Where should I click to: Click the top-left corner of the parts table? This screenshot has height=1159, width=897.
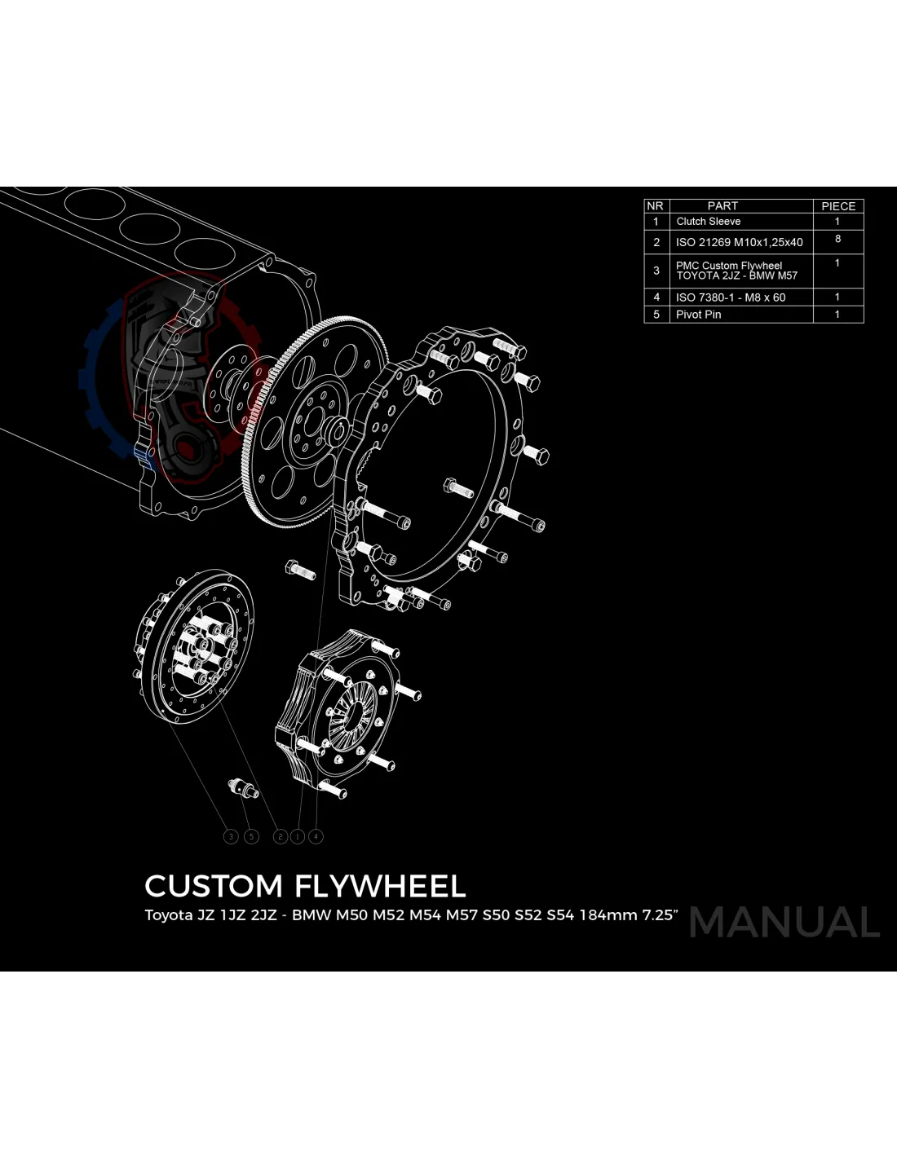tap(644, 199)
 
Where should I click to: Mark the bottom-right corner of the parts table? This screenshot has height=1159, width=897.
tap(864, 324)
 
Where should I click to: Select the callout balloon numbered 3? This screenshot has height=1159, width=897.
tap(231, 836)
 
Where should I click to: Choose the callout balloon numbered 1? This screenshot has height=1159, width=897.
tap(297, 836)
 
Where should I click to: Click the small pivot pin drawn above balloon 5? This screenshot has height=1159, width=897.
tap(243, 788)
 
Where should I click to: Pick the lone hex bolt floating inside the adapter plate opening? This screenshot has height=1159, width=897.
tap(458, 487)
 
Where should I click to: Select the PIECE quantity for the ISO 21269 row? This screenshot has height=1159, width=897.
tap(837, 239)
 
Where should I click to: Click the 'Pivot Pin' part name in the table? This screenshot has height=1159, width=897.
tap(698, 315)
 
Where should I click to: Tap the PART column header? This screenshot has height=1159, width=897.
tap(722, 206)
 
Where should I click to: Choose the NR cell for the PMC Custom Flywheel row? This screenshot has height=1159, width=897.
tap(656, 271)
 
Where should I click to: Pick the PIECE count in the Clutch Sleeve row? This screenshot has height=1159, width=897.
tap(837, 221)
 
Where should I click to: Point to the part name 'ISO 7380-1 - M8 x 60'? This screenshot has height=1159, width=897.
tap(731, 297)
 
